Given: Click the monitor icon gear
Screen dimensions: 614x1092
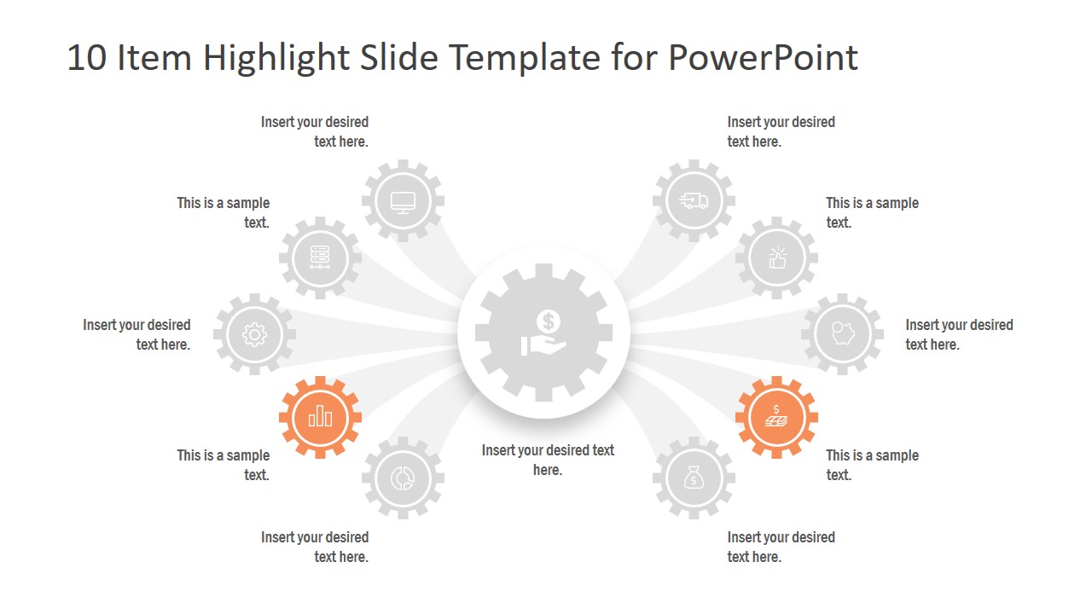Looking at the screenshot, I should (x=403, y=201).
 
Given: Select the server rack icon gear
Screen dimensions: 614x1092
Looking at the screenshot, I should (x=320, y=258).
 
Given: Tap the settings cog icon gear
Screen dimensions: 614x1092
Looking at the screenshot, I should (x=254, y=335).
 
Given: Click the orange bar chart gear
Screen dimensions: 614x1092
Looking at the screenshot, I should (x=320, y=417).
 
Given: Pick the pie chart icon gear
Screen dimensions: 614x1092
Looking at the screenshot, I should (x=403, y=478).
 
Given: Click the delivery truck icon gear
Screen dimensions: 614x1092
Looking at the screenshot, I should (x=694, y=201).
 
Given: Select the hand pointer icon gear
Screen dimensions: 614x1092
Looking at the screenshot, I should (x=776, y=258).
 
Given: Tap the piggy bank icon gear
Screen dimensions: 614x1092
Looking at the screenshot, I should (x=842, y=335).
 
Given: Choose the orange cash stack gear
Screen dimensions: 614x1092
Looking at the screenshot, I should (x=776, y=417).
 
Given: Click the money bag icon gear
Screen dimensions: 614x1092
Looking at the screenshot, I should (x=694, y=478).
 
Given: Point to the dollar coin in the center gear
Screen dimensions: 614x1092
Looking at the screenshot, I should (x=548, y=321).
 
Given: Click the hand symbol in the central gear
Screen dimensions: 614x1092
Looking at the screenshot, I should (x=539, y=345).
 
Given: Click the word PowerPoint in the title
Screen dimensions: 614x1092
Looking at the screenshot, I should (x=764, y=58).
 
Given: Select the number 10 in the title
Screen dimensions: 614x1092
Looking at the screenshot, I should (x=85, y=58).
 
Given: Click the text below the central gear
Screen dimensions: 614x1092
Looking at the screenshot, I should (x=548, y=460).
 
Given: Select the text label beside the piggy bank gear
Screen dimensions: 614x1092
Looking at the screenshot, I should (x=959, y=334).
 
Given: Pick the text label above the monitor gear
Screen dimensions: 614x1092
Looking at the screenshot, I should (x=315, y=131).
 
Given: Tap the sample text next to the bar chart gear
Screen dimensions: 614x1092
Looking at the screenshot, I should (x=224, y=465).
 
